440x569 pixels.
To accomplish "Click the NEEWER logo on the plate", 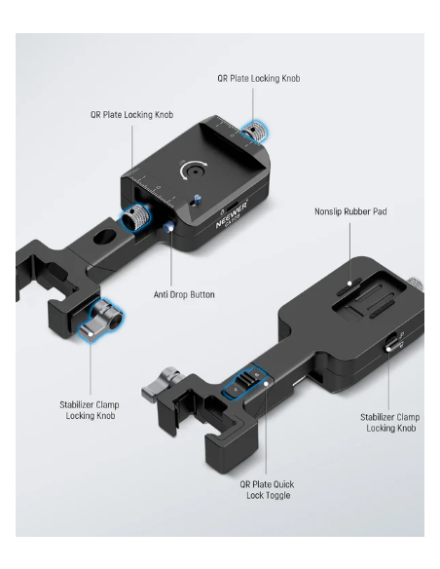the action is click(232, 215).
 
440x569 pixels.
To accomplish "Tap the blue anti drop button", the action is click(167, 228).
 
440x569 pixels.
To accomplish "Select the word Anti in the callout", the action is click(161, 294).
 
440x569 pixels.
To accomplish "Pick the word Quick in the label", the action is click(283, 484).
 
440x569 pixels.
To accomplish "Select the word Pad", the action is click(381, 211).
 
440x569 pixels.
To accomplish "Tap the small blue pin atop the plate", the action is click(197, 200).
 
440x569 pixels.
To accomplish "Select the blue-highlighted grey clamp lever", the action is click(101, 320).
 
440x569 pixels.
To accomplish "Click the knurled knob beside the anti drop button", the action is click(134, 217).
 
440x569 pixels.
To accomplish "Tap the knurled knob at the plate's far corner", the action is click(255, 133).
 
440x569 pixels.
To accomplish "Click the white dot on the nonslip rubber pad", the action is click(349, 284).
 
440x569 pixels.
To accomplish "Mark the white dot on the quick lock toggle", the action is click(266, 383).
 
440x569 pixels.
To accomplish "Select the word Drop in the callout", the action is click(177, 294).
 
